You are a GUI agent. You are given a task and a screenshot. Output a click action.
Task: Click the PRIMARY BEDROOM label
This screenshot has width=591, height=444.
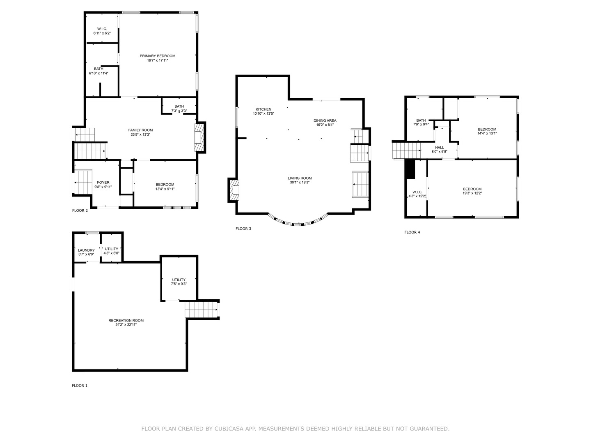click(157, 56)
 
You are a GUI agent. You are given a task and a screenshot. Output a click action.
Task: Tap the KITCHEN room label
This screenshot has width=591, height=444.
click(263, 109)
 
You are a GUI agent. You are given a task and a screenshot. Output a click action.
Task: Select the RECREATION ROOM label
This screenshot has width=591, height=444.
click(126, 320)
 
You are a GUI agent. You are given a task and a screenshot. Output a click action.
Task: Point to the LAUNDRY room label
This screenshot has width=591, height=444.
click(86, 250)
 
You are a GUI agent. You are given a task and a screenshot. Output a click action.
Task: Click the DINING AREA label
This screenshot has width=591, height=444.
click(325, 120)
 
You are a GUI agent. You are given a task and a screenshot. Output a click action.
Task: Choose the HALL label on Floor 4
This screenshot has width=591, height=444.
click(439, 148)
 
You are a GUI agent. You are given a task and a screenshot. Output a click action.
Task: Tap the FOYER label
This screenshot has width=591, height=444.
click(103, 183)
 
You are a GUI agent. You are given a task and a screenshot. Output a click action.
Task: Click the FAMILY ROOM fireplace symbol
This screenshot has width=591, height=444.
click(199, 137)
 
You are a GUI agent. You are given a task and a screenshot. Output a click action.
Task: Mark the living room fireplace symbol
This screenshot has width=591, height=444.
click(234, 190)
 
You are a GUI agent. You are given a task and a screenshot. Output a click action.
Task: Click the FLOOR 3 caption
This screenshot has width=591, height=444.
click(243, 229)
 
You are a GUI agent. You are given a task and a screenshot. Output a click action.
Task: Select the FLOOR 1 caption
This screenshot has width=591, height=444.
click(80, 386)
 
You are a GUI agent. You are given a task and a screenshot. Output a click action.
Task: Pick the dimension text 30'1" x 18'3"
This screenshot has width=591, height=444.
click(300, 183)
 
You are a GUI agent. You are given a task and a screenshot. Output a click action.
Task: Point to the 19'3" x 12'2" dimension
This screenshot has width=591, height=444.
click(472, 193)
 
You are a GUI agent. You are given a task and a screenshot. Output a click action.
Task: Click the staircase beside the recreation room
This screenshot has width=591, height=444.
click(201, 310)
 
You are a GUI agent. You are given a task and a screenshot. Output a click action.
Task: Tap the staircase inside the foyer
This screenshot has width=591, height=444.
click(84, 182)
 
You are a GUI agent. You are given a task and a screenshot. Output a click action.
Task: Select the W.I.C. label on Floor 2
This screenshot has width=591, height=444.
click(102, 29)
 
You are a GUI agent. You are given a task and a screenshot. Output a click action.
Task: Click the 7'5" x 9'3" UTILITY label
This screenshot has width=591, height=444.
click(179, 280)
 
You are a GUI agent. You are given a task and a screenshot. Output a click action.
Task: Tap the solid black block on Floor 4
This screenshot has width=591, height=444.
click(410, 169)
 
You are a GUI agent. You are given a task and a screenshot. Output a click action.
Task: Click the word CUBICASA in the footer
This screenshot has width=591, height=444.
click(230, 429)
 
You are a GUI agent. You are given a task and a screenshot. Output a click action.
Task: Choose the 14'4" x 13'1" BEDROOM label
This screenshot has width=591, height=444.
click(487, 129)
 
